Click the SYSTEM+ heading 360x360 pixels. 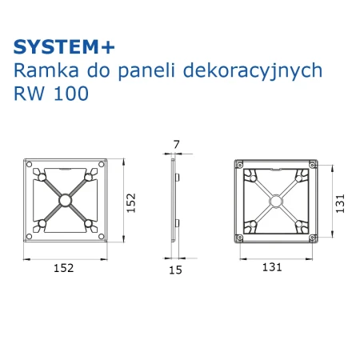click(x=64, y=47)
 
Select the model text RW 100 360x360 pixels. click(x=51, y=94)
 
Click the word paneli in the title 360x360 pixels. click(x=146, y=71)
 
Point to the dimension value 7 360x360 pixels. click(x=177, y=145)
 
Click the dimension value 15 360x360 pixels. click(x=175, y=270)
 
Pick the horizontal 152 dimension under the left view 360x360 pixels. click(x=64, y=268)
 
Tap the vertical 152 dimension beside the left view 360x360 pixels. click(x=131, y=203)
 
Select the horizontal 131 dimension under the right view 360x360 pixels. click(x=272, y=267)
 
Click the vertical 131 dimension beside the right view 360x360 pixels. click(x=340, y=203)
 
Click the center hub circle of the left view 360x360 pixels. click(x=65, y=200)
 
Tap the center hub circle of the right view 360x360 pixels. click(x=276, y=202)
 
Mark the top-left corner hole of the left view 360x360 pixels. click(x=30, y=164)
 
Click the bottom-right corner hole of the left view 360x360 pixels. click(x=102, y=236)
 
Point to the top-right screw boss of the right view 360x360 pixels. click(x=313, y=165)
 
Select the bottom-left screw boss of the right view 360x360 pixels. click(x=240, y=237)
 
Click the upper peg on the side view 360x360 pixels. click(x=177, y=178)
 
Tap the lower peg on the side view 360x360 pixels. click(x=177, y=223)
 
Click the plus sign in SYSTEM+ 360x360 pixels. click(x=108, y=48)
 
